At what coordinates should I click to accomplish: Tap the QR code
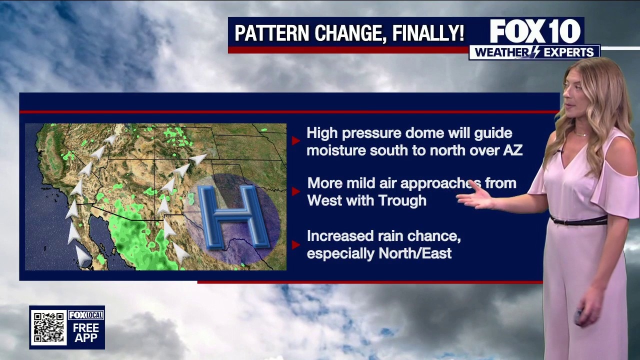[x=49, y=327]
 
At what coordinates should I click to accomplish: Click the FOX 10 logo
[x=535, y=31]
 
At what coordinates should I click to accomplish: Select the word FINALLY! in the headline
[x=428, y=33]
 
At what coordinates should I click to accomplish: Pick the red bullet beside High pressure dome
[x=295, y=140]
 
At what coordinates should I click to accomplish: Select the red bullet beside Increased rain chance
[x=295, y=245]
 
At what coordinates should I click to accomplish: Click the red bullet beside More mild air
[x=295, y=191]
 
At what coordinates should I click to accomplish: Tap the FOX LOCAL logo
[x=85, y=315]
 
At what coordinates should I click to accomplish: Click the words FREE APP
[x=85, y=333]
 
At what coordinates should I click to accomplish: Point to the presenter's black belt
[x=579, y=220]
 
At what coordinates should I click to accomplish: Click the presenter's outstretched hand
[x=475, y=196]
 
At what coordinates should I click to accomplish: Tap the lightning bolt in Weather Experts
[x=535, y=52]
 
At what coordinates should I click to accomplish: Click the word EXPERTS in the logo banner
[x=568, y=52]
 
